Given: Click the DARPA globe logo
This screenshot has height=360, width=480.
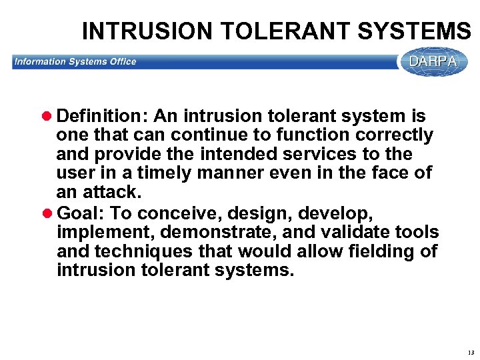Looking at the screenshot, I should click(433, 62).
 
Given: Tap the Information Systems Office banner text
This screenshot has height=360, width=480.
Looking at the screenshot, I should click(75, 62).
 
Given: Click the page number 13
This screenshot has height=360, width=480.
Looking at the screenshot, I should click(471, 351).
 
